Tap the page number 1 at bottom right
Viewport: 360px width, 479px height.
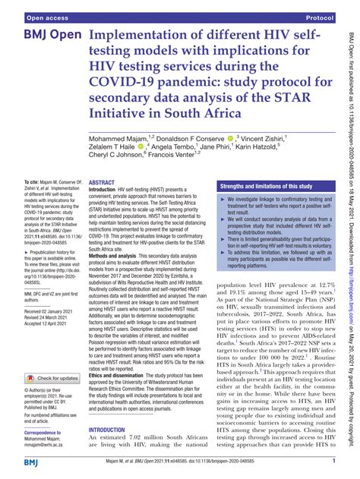point(334,461)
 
